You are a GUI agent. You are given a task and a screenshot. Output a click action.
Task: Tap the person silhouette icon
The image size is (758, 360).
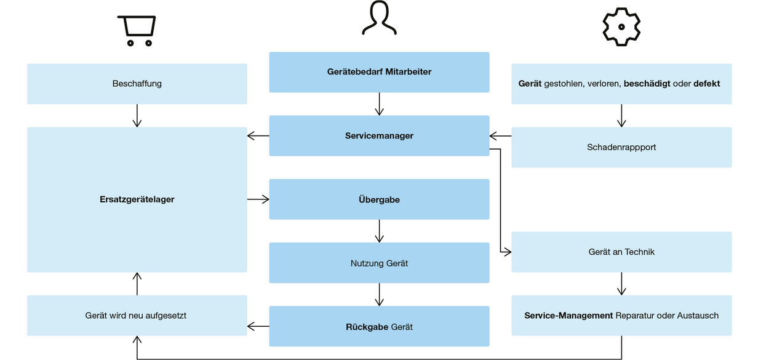[x=379, y=18]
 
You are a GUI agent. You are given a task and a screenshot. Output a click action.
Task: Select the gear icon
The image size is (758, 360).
[x=621, y=27]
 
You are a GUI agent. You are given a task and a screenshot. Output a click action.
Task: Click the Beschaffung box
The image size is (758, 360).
[x=137, y=84]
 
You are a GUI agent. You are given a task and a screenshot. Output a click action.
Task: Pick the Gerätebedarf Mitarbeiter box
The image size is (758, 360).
[x=379, y=72]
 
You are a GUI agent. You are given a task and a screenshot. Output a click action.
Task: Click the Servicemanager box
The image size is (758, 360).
[x=379, y=135]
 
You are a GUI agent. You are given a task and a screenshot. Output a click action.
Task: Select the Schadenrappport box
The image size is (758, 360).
[x=621, y=147]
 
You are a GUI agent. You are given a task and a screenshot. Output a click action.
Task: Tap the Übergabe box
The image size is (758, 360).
[x=379, y=199]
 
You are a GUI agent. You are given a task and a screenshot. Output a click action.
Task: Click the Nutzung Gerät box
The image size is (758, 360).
[x=379, y=263]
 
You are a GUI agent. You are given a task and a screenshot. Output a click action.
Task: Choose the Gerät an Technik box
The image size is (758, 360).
[x=621, y=252]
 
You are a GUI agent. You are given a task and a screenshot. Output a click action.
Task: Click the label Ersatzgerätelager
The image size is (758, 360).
[x=137, y=199]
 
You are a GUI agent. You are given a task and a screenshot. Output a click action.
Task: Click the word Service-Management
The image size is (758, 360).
[x=568, y=316]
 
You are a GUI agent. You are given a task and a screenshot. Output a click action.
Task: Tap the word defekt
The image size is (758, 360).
[x=706, y=84]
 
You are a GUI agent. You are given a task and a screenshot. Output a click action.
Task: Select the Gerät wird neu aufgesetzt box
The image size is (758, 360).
[x=137, y=316]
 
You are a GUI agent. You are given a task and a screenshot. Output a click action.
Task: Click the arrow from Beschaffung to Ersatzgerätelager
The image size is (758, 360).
[x=137, y=115]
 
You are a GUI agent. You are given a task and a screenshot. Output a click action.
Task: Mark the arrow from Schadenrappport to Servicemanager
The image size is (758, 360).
[x=500, y=135]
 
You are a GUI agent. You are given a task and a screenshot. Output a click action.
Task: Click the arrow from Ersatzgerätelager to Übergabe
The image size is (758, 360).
[x=258, y=199]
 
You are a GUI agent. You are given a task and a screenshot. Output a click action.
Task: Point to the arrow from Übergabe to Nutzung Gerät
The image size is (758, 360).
[x=379, y=231]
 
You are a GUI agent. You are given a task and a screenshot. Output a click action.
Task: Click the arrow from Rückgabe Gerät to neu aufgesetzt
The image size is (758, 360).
[x=258, y=326]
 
